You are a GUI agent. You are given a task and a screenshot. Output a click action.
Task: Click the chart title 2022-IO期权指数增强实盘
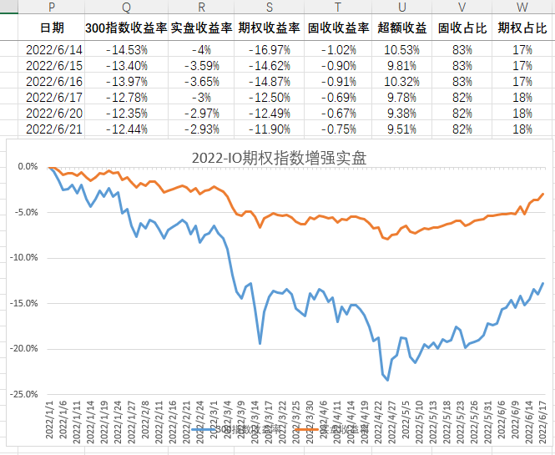click(x=280, y=157)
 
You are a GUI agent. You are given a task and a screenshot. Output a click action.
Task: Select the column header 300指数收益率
click(x=126, y=28)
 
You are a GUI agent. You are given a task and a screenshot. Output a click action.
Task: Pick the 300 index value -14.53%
click(x=126, y=49)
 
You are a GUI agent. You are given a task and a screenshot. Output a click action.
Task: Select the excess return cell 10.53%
click(x=401, y=49)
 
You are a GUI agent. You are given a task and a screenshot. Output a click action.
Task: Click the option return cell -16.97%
click(x=270, y=49)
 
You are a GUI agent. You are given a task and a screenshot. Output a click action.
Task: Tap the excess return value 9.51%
click(x=401, y=129)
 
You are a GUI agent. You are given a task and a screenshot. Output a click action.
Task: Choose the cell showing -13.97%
click(x=126, y=81)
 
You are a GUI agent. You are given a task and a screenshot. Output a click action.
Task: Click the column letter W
click(x=522, y=7)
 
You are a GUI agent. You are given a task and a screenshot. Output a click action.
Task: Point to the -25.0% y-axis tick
click(x=27, y=394)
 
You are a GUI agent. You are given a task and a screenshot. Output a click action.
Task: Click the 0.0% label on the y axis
click(x=30, y=166)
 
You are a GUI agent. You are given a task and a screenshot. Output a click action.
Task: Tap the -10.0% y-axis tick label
click(x=27, y=257)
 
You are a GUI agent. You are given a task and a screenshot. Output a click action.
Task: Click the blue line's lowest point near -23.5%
click(x=387, y=380)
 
